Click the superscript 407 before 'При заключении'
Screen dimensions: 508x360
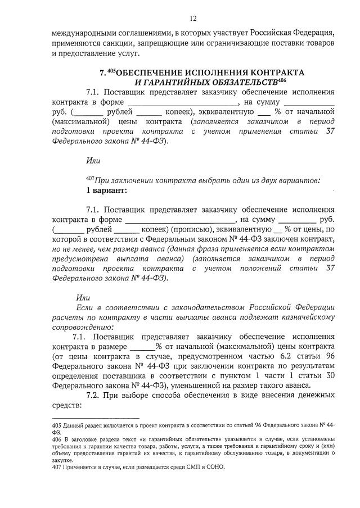(90, 179)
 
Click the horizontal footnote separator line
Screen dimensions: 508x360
(95, 419)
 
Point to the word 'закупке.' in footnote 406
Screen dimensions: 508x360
(64, 459)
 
